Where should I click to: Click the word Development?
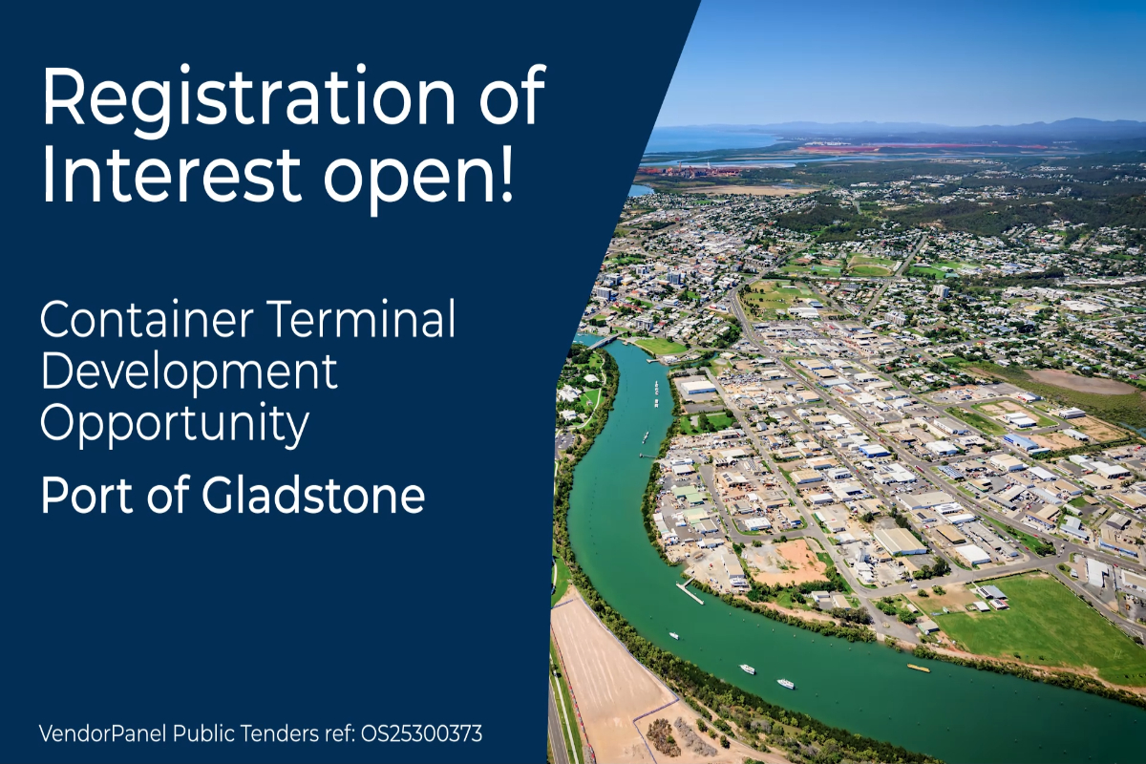tap(189, 372)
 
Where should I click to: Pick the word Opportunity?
tap(175, 425)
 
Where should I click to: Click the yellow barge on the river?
tap(918, 668)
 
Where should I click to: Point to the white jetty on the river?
tap(689, 591)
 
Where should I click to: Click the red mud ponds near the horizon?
tap(850, 149)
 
